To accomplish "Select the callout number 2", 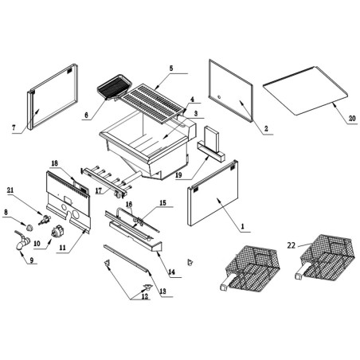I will pos(265,127).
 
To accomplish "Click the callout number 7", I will pos(14,128).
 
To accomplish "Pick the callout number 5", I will pos(170,69).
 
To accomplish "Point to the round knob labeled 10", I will pos(57,231).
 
